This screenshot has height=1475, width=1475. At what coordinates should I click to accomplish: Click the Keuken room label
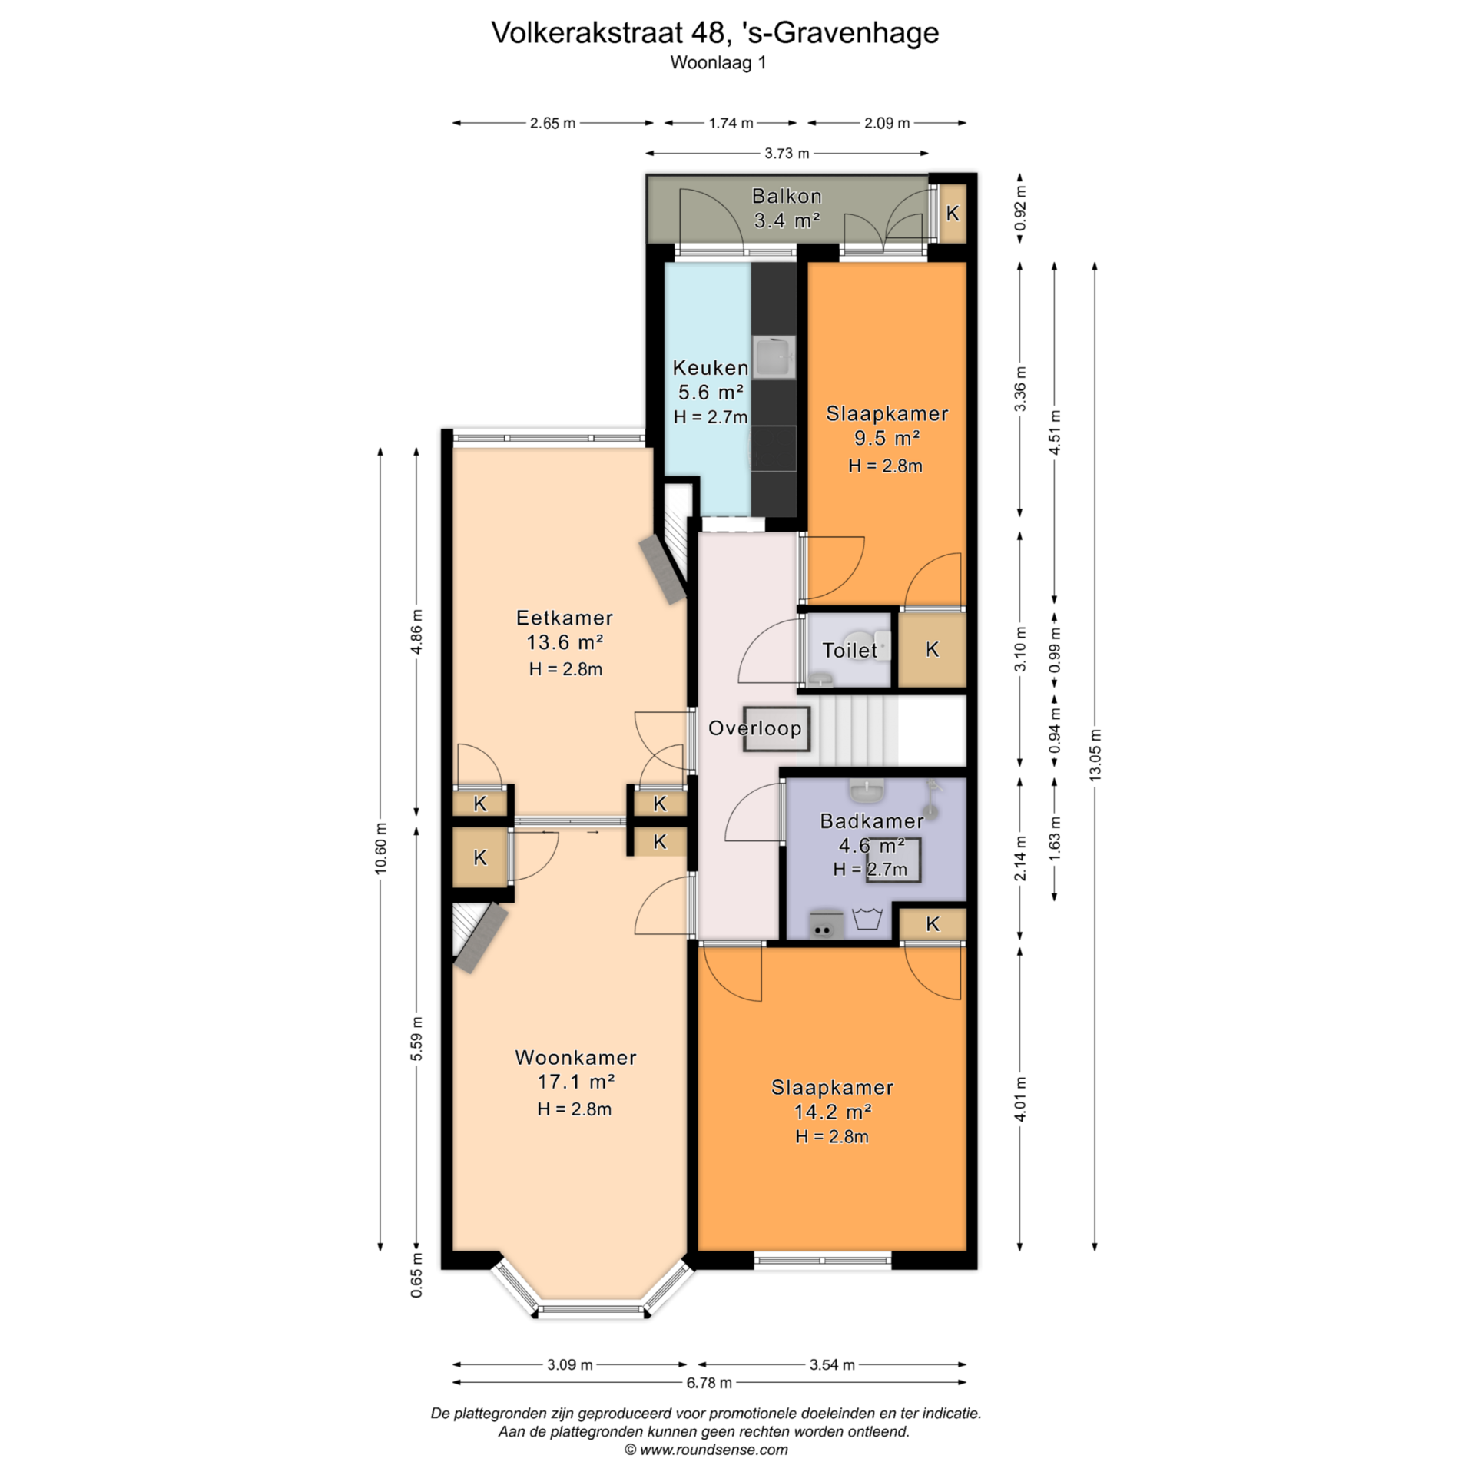pyautogui.click(x=710, y=367)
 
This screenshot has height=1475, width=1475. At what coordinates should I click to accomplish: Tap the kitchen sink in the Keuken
pyautogui.click(x=774, y=358)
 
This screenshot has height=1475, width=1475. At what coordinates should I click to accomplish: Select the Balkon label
pyautogui.click(x=787, y=196)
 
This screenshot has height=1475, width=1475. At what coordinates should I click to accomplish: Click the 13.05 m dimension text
pyautogui.click(x=1095, y=755)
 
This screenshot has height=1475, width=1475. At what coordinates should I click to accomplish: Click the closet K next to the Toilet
pyautogui.click(x=932, y=649)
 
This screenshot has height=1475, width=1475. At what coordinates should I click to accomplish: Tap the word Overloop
pyautogui.click(x=754, y=728)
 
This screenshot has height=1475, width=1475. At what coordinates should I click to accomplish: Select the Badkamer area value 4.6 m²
pyautogui.click(x=871, y=846)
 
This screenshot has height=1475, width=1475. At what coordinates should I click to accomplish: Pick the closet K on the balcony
pyautogui.click(x=953, y=214)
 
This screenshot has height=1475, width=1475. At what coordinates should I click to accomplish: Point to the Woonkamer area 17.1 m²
pyautogui.click(x=575, y=1082)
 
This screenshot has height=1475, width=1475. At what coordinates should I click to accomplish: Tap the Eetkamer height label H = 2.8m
pyautogui.click(x=565, y=669)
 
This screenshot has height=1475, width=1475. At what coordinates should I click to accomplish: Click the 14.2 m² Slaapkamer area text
pyautogui.click(x=832, y=1112)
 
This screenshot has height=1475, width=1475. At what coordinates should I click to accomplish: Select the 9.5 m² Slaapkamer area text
pyautogui.click(x=887, y=438)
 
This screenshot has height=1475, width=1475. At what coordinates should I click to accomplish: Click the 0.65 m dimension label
pyautogui.click(x=416, y=1275)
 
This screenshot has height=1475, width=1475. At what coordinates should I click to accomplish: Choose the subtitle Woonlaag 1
pyautogui.click(x=718, y=63)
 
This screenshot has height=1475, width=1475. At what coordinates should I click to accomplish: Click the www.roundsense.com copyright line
pyautogui.click(x=706, y=1450)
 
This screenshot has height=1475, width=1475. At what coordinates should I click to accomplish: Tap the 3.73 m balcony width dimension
pyautogui.click(x=787, y=154)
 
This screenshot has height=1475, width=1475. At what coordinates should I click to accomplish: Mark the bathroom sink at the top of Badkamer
pyautogui.click(x=867, y=789)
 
